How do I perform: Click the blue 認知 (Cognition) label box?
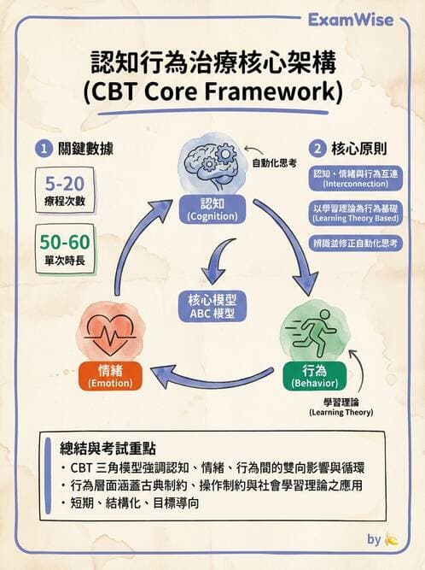point(212,211)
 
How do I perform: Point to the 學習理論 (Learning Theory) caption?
point(341,406)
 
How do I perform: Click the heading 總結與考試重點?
point(114,448)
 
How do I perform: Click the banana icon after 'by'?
point(392,539)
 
